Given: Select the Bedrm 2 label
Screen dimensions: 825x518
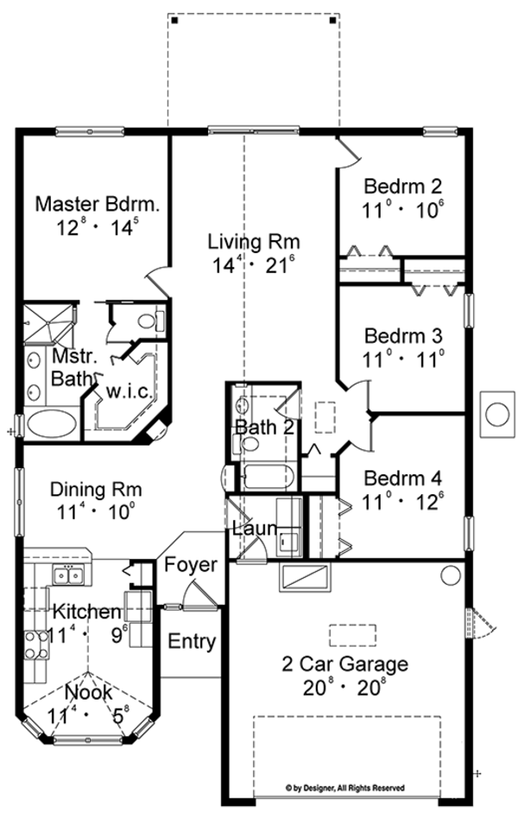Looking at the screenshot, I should pyautogui.click(x=402, y=186).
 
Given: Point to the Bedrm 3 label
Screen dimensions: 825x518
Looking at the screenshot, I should pyautogui.click(x=402, y=334).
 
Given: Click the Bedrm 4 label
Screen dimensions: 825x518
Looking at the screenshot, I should pyautogui.click(x=402, y=478).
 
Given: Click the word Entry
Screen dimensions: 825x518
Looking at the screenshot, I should pyautogui.click(x=192, y=642).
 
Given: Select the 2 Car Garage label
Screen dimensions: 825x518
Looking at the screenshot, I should pyautogui.click(x=344, y=664).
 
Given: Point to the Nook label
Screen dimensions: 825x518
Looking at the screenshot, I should pyautogui.click(x=88, y=692).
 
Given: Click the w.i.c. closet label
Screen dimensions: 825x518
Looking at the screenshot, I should pyautogui.click(x=129, y=391).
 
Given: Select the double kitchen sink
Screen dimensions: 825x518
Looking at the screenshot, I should pyautogui.click(x=67, y=574).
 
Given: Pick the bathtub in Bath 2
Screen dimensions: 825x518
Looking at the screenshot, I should pyautogui.click(x=267, y=478).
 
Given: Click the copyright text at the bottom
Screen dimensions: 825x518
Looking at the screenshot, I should pyautogui.click(x=344, y=788).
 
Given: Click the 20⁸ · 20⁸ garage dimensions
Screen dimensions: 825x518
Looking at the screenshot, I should pyautogui.click(x=344, y=689).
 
